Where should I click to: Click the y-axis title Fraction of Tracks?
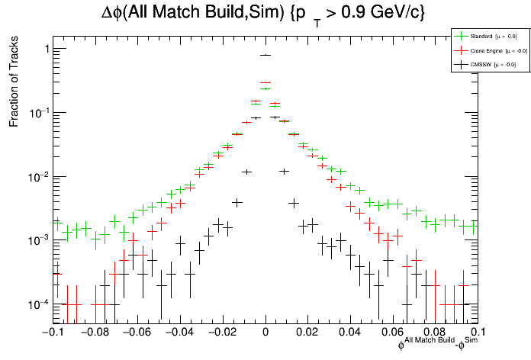coord(14,85)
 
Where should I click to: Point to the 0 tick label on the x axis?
coord(265,333)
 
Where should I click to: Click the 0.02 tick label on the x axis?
coord(308,333)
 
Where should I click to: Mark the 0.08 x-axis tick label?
coord(436,333)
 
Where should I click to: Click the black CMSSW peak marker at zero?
coord(265,55)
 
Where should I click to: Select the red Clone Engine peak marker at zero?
coord(265,82)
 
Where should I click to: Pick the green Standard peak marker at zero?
coord(265,88)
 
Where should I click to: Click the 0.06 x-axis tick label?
coord(393,333)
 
